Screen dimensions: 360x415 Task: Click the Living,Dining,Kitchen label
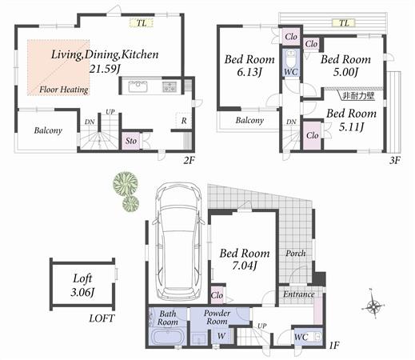coord(105,54)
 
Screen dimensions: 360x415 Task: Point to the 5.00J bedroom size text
coord(345,73)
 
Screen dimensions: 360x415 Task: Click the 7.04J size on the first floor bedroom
coord(245,266)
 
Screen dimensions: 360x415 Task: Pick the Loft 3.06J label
coord(82,284)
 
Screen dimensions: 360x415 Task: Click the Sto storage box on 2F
coord(131,142)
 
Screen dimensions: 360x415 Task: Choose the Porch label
coord(296,254)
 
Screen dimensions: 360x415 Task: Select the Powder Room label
coord(217,318)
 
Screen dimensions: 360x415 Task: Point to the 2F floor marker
coord(189,159)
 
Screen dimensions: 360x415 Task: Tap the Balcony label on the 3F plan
coord(249,120)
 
